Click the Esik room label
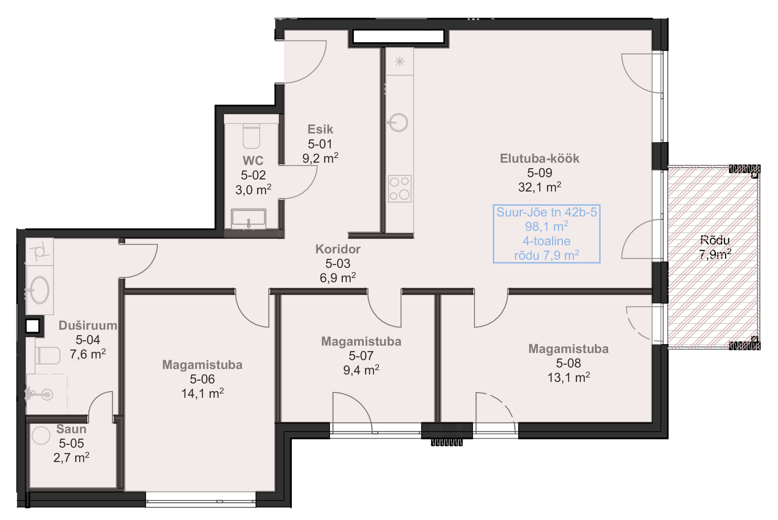pyautogui.click(x=320, y=129)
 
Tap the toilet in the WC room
pyautogui.click(x=251, y=136)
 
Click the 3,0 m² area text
pyautogui.click(x=253, y=190)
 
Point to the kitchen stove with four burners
pyautogui.click(x=400, y=189)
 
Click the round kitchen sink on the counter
pyautogui.click(x=398, y=123)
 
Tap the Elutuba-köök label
pyautogui.click(x=540, y=158)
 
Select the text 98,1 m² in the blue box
pyautogui.click(x=547, y=226)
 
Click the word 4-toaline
pyautogui.click(x=547, y=241)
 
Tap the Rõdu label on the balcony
pyautogui.click(x=715, y=240)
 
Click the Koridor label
pyautogui.click(x=338, y=249)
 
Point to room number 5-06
pyautogui.click(x=202, y=379)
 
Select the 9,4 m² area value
pyautogui.click(x=361, y=370)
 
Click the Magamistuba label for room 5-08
pyautogui.click(x=568, y=349)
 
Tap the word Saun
pyautogui.click(x=71, y=429)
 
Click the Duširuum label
pyautogui.click(x=88, y=325)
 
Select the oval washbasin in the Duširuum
pyautogui.click(x=39, y=290)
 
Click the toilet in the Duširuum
pyautogui.click(x=48, y=355)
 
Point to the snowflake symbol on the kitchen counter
pyautogui.click(x=400, y=61)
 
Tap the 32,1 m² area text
pyautogui.click(x=540, y=187)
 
